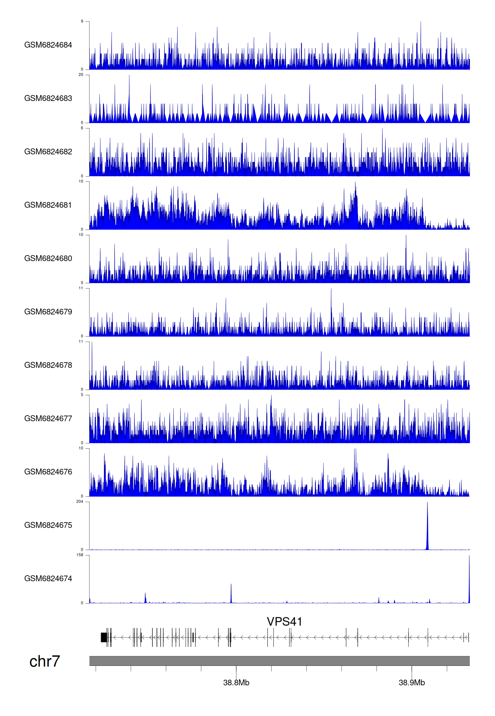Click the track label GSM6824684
tap(48, 45)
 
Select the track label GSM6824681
tap(48, 205)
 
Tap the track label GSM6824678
tap(48, 365)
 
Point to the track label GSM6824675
tap(48, 525)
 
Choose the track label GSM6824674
tap(48, 578)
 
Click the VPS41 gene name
tap(284, 622)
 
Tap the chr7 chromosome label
tap(45, 661)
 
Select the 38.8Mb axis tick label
tap(236, 682)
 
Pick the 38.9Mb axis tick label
tap(412, 682)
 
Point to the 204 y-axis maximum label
tap(80, 502)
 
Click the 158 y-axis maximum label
tap(80, 555)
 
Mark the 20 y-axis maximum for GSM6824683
tap(81, 75)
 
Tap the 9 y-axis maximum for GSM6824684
tap(82, 21)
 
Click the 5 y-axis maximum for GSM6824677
tap(82, 395)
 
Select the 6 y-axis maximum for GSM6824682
tap(82, 128)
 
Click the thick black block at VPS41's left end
tap(104, 637)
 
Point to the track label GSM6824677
tap(48, 418)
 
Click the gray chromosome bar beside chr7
tap(280, 661)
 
